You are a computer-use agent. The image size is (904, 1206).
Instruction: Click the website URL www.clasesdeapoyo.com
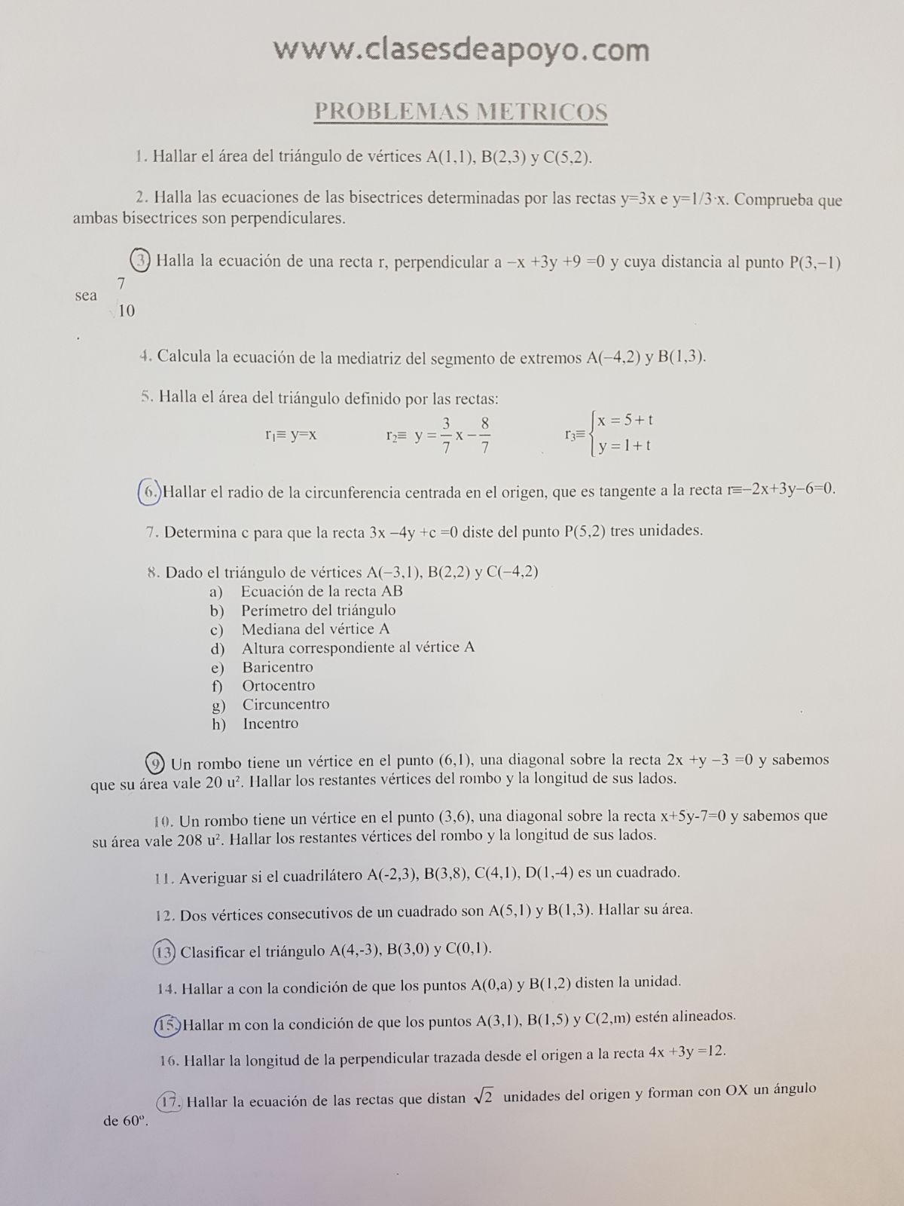coord(461,50)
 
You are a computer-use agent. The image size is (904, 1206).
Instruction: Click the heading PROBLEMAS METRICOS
coord(460,112)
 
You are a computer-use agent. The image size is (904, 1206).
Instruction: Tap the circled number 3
coord(140,260)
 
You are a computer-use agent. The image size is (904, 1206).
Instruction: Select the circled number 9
coord(155,763)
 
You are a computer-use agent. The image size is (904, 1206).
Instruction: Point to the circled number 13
coord(164,951)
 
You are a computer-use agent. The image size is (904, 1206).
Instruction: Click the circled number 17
coord(169,1102)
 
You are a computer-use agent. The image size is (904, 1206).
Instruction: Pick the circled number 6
coord(150,492)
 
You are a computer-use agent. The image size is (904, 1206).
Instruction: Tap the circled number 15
coord(168,1024)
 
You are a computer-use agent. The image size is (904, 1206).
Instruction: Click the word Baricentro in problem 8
coord(277,667)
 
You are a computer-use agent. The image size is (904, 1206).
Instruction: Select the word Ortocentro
coord(278,686)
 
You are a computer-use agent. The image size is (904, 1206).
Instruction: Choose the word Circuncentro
coord(286,705)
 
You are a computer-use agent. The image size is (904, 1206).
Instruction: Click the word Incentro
coord(270,724)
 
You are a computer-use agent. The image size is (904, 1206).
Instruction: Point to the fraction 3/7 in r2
coord(447,436)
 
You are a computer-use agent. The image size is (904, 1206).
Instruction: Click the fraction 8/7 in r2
coord(485,436)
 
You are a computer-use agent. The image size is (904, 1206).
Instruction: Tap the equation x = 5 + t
coord(625,420)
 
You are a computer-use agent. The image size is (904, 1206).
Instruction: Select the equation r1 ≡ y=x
coord(291,435)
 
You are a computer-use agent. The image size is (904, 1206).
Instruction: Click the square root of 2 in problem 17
coord(483,1097)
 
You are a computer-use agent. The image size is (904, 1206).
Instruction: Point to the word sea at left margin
coord(86,295)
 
